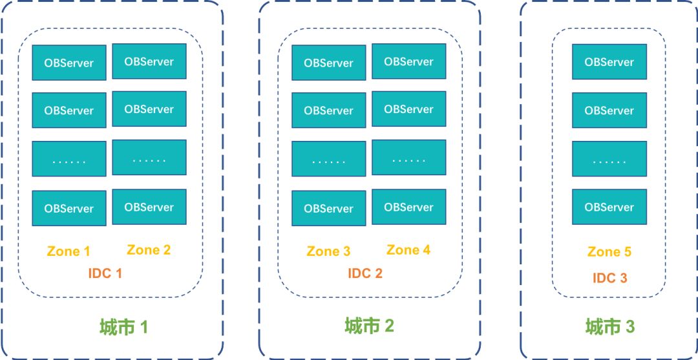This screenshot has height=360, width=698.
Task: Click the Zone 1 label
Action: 69,251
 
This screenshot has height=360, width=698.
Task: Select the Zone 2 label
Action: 149,249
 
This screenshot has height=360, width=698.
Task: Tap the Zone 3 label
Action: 328,251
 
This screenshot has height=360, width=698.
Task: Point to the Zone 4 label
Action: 408,249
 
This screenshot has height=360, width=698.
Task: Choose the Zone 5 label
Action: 609,251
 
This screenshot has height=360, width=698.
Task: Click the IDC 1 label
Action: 105,273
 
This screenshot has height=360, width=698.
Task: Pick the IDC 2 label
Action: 365,273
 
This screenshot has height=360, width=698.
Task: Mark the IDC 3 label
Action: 609,278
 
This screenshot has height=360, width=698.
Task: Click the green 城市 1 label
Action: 124,327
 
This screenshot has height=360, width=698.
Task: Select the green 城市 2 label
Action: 369,325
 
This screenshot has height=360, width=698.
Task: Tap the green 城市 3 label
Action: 611,327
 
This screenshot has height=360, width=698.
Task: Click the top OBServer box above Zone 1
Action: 69,63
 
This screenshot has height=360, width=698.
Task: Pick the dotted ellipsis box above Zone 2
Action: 149,158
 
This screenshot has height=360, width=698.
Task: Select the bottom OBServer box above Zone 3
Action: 329,208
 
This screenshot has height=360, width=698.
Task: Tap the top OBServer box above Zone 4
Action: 409,61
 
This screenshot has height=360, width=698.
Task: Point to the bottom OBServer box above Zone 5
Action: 609,207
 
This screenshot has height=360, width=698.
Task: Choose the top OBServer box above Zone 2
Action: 149,61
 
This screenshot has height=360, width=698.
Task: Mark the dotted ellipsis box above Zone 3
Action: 329,159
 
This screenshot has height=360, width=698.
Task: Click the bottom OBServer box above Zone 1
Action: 69,208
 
